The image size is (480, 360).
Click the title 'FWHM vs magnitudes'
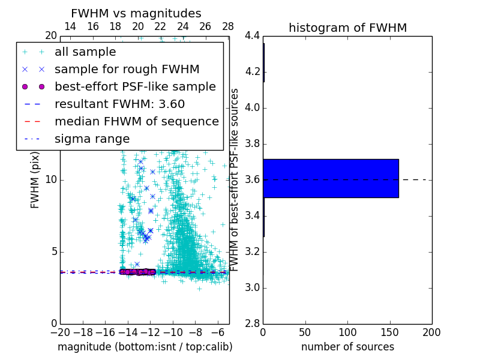pos(136,14)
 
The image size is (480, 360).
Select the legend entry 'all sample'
pos(85,52)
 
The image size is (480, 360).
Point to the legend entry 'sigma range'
pos(92,139)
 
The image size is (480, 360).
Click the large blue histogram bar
pos(331,178)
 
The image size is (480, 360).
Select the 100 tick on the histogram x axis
pos(347,332)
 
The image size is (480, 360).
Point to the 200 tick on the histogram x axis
pos(431,332)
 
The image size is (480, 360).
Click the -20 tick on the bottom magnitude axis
pos(60,332)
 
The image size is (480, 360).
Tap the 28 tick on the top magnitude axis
pos(228,27)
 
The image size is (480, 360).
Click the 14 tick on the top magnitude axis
pos(70,27)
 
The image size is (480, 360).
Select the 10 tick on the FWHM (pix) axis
pos(50,180)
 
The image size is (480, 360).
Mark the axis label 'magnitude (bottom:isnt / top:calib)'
pos(145,347)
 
